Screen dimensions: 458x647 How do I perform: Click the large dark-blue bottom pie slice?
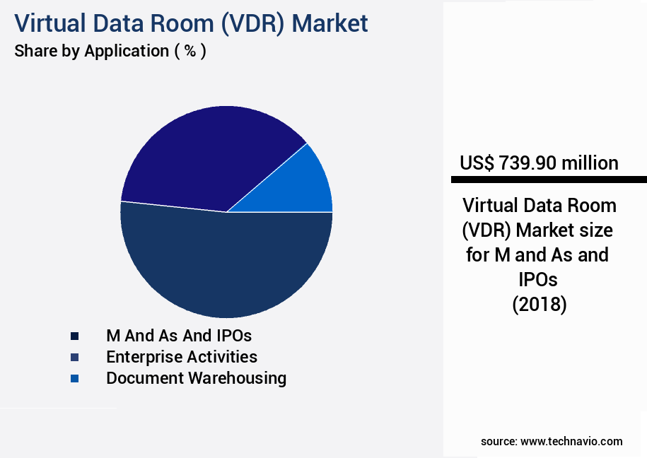point(226,269)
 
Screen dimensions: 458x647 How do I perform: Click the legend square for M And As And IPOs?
point(74,335)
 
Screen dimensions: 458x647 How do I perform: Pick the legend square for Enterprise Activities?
point(74,357)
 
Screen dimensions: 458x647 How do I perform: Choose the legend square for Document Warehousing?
point(74,379)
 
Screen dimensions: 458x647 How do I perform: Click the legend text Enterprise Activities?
point(182,357)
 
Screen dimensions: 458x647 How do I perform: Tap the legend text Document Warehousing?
point(196,378)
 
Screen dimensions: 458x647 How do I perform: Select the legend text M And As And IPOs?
point(179,335)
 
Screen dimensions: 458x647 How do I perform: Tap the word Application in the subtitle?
point(127,51)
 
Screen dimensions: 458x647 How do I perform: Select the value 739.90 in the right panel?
point(527,163)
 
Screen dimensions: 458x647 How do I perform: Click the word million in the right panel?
point(590,163)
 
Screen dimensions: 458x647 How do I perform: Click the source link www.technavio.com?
point(571,441)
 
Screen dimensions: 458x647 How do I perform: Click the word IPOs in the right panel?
point(539,279)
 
